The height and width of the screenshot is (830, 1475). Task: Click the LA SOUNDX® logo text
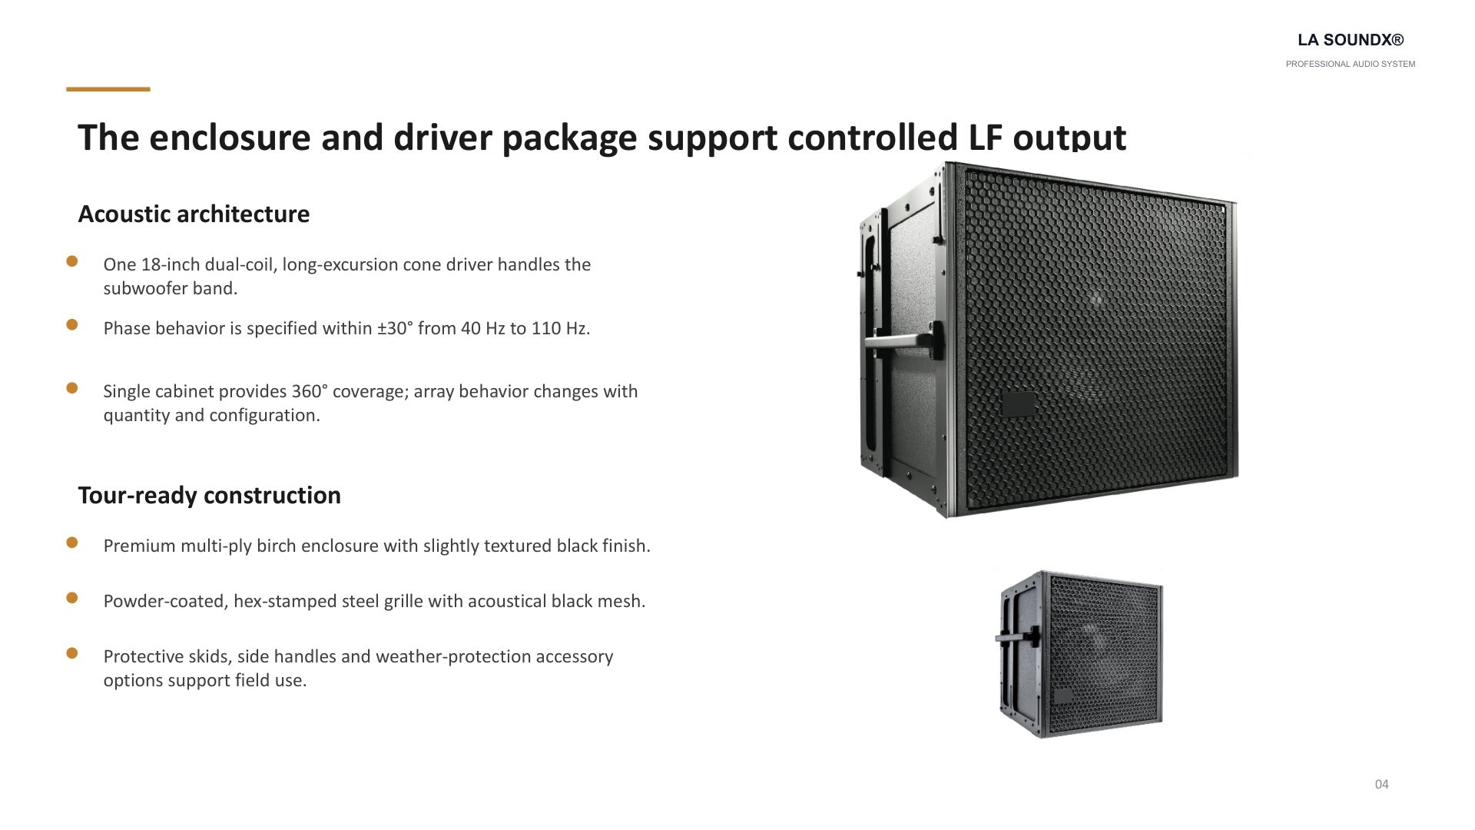point(1351,40)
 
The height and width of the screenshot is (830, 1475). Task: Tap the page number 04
point(1382,784)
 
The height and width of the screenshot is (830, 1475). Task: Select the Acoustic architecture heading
point(194,214)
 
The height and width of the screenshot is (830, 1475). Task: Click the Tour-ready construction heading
point(209,495)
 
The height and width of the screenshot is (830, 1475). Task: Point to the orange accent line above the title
point(108,89)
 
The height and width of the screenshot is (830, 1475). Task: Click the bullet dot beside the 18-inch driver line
point(72,261)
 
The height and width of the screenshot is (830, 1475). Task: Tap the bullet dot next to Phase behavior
point(72,324)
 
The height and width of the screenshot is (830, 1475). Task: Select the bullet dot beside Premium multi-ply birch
point(72,543)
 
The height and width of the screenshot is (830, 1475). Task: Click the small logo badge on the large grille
point(1019,403)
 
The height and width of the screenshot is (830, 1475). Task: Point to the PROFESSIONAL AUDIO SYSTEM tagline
point(1351,64)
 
